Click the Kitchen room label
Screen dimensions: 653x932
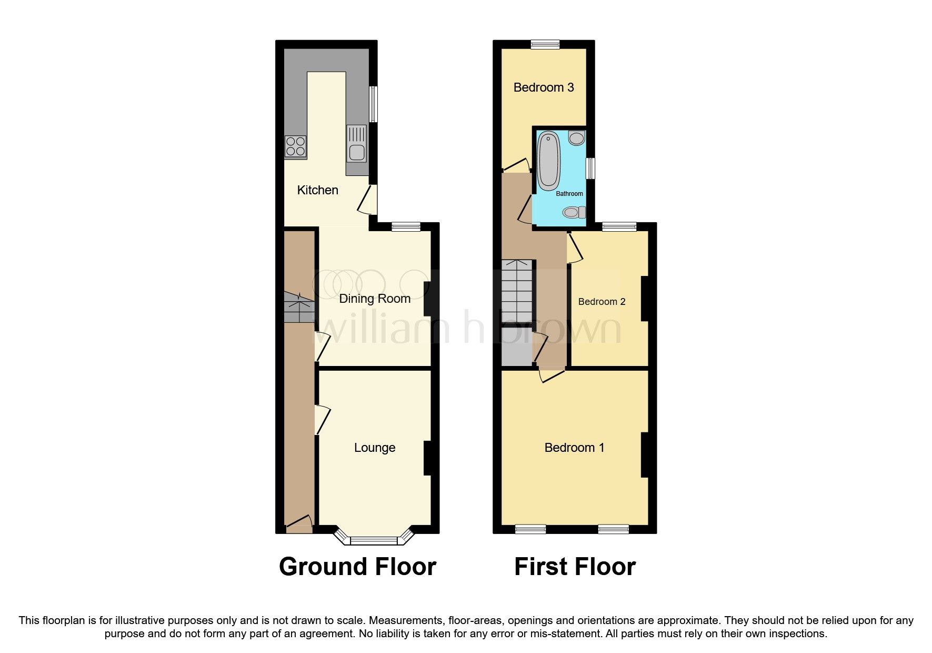(317, 190)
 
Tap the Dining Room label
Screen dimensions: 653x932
(374, 299)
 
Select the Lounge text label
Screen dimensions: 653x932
(374, 448)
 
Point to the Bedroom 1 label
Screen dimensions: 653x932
(574, 448)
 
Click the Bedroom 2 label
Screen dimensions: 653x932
(602, 302)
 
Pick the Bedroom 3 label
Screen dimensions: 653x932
(543, 87)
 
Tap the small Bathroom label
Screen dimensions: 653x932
(569, 194)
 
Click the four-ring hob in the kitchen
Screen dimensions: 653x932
(295, 146)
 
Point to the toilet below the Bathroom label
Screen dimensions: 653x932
(574, 213)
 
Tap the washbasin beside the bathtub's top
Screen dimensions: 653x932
(577, 138)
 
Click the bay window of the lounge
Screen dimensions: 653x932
(374, 540)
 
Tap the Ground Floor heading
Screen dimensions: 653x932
(357, 567)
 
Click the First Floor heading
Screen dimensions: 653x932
(575, 567)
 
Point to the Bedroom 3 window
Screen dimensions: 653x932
(545, 45)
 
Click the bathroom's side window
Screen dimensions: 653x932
(591, 168)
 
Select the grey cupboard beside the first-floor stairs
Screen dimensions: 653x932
(516, 346)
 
